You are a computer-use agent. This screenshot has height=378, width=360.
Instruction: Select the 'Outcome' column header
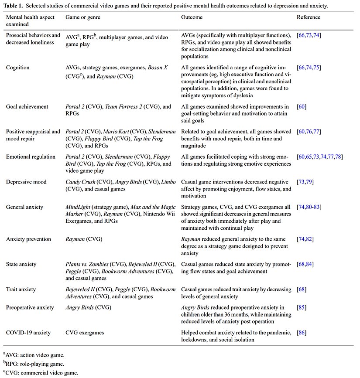[192, 17]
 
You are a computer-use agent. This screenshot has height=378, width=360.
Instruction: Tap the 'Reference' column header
[309, 17]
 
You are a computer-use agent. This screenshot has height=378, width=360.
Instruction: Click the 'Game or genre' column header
[82, 17]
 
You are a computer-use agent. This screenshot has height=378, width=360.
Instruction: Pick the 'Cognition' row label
[18, 68]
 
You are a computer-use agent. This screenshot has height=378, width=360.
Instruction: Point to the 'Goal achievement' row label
[27, 107]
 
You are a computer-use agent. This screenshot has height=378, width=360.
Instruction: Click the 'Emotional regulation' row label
[31, 157]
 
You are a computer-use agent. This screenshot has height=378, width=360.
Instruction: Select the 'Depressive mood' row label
[26, 182]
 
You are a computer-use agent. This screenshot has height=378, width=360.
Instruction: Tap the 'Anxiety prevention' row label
[28, 239]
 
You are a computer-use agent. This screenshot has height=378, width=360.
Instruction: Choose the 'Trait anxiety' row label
[21, 289]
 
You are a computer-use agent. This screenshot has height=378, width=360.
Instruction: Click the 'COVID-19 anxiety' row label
[28, 332]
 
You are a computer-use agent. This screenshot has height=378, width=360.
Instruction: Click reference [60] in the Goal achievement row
[302, 107]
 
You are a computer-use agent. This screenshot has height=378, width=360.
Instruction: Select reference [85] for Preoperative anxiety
[302, 307]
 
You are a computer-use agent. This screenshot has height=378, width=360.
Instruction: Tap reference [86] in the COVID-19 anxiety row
[302, 332]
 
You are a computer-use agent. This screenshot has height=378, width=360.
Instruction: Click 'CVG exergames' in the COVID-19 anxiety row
[85, 332]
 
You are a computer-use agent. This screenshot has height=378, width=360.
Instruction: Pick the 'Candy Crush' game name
[81, 182]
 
